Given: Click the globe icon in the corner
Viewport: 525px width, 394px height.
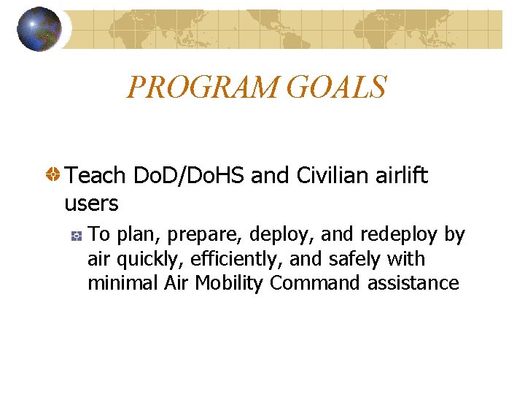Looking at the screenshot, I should pyautogui.click(x=39, y=29).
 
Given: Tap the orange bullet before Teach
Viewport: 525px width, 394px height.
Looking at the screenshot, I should pyautogui.click(x=53, y=176).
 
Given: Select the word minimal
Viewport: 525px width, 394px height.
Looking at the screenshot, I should pyautogui.click(x=122, y=283).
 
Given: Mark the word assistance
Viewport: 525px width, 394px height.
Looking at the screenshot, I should pyautogui.click(x=413, y=283).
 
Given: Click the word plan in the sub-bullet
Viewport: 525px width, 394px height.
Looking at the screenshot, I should pyautogui.click(x=131, y=235).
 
